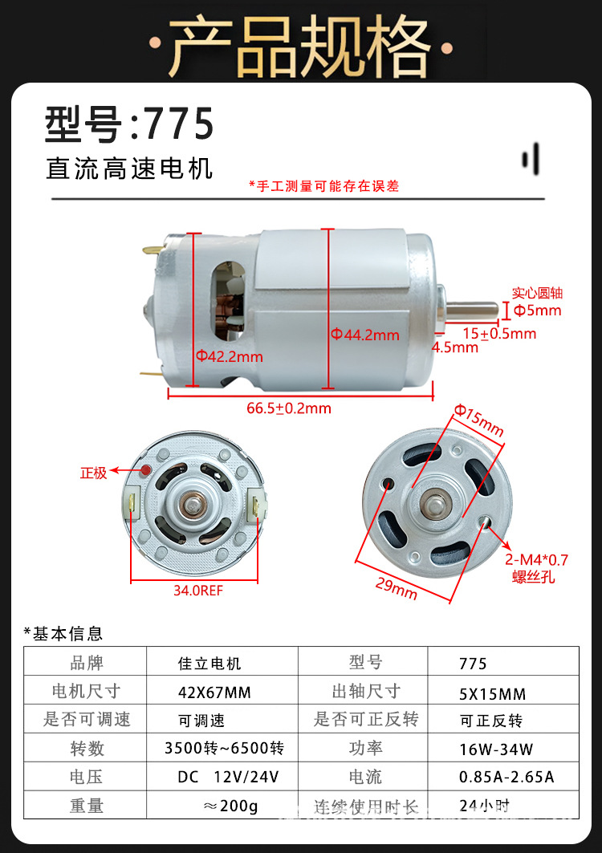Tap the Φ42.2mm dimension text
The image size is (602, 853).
click(x=230, y=355)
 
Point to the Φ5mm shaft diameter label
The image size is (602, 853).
click(x=537, y=311)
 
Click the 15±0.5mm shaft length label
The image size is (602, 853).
click(x=498, y=332)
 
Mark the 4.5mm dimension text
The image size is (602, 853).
click(x=455, y=347)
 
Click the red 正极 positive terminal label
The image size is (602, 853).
click(x=93, y=473)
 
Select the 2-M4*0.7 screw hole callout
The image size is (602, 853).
click(x=535, y=567)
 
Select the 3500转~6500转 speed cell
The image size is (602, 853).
click(x=224, y=748)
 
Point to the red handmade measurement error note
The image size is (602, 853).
click(x=323, y=186)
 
